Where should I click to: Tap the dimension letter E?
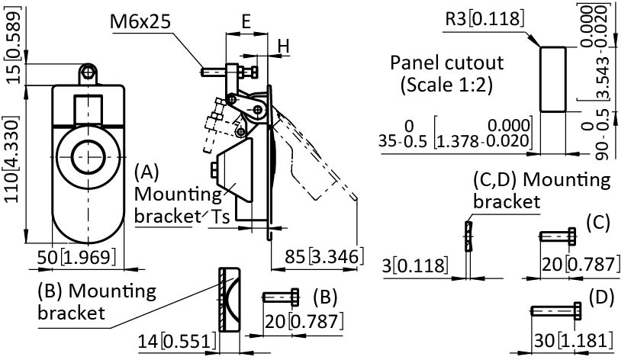pyautogui.click(x=246, y=23)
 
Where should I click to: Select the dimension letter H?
pyautogui.click(x=284, y=47)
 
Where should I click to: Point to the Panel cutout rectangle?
pyautogui.click(x=553, y=78)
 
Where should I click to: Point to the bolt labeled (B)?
pyautogui.click(x=283, y=296)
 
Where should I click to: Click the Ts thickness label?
pyautogui.click(x=221, y=217)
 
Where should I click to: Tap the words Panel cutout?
pyautogui.click(x=437, y=62)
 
